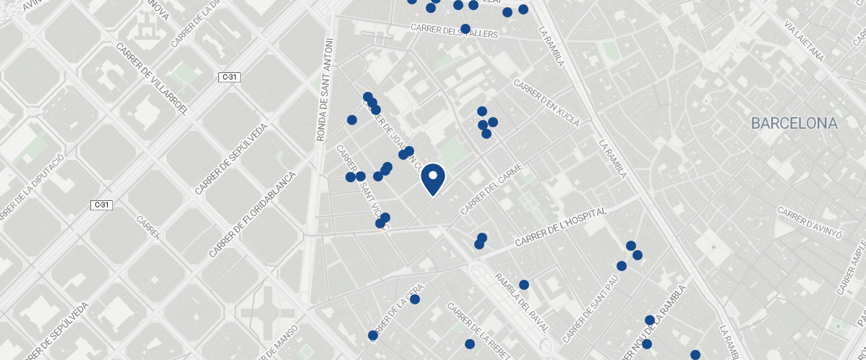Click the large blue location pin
point(432,178)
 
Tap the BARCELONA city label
point(794,124)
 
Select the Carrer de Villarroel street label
point(153,79)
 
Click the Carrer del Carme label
point(491,192)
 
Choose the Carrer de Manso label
point(278,343)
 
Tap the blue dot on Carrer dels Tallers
point(465,29)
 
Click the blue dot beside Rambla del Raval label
point(524,285)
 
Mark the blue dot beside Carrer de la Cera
point(415,299)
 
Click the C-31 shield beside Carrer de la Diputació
point(102,205)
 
